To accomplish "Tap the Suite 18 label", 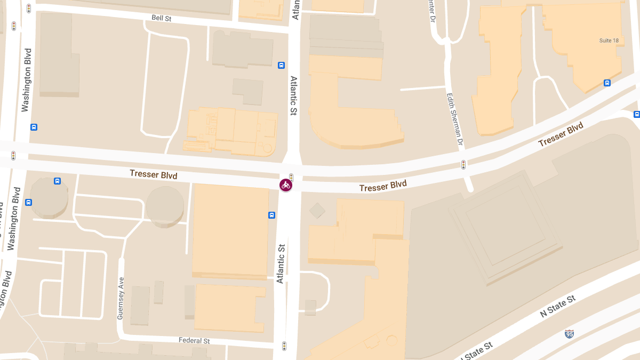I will tap(609, 41).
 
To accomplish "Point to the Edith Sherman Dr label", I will tap(454, 120).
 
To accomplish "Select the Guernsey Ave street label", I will tap(121, 298).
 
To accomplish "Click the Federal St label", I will tap(194, 341).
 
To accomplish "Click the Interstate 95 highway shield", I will tap(570, 334).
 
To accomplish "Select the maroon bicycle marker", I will tap(286, 185).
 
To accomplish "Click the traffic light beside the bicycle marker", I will tap(291, 177).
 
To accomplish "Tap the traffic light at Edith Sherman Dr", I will tap(463, 164).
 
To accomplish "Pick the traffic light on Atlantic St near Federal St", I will tap(284, 346).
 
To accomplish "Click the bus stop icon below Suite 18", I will tap(607, 83).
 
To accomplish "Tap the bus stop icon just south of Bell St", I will tap(281, 66).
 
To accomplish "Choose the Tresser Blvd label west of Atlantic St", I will tap(154, 174).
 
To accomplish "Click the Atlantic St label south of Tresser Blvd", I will tap(281, 263).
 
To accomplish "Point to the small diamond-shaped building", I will tap(317, 210).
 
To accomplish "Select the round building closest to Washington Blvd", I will tap(49, 197).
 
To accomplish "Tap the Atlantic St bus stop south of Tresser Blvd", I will tap(271, 215).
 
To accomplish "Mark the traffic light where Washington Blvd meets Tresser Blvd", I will tap(13, 155).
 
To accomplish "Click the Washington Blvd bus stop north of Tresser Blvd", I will tap(34, 127).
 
